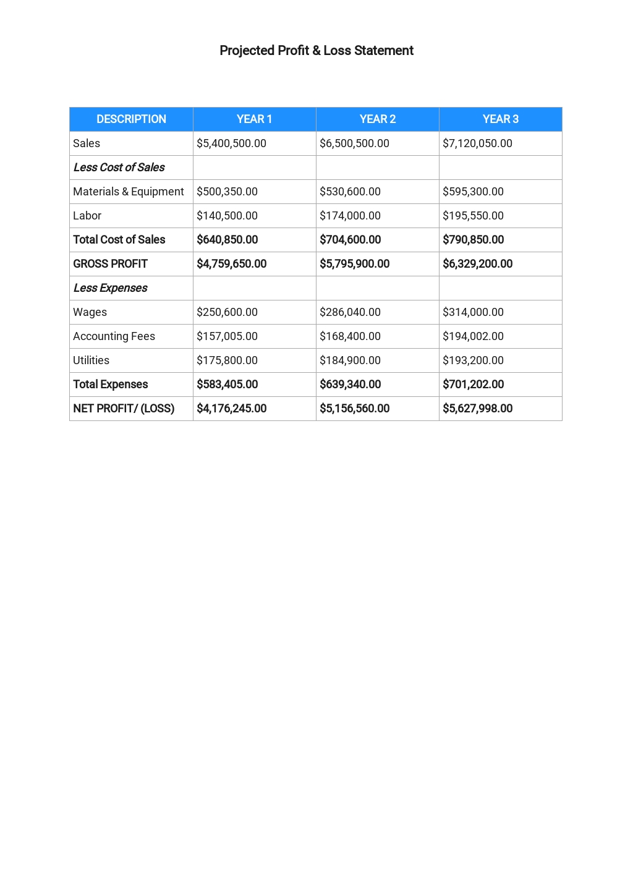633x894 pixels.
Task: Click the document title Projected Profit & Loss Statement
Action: click(316, 51)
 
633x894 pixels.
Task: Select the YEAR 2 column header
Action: click(377, 119)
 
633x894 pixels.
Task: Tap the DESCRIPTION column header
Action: click(131, 119)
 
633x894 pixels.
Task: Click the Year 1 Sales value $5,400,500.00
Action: click(231, 143)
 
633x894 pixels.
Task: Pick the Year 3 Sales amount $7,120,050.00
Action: click(477, 143)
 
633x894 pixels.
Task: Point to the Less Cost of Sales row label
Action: click(119, 168)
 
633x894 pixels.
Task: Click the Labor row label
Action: click(87, 216)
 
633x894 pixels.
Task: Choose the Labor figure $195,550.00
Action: click(473, 216)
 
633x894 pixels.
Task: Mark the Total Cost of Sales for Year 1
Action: click(227, 240)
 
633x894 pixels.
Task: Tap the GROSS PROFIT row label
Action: click(110, 264)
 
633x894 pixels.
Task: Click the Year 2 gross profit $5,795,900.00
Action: click(354, 264)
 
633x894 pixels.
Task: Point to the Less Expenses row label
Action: click(110, 288)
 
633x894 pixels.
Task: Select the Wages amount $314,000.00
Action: click(473, 312)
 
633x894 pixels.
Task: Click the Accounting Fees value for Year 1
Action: click(227, 336)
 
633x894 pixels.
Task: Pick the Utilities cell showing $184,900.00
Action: click(350, 360)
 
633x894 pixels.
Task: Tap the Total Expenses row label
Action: click(110, 385)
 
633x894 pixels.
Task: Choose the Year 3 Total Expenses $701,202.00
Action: click(473, 385)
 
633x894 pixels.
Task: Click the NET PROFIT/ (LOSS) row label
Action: click(124, 409)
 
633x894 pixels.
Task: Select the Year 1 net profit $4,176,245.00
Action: click(231, 409)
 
